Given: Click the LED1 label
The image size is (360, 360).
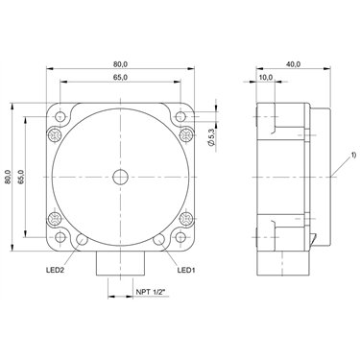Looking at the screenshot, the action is (x=186, y=271).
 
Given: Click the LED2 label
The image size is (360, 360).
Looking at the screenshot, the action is (x=56, y=271).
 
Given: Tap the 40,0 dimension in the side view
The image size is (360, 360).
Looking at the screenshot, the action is (x=293, y=64).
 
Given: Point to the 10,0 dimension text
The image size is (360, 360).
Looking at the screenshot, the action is (x=266, y=77).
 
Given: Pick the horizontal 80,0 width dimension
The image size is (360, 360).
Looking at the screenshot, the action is (x=120, y=64).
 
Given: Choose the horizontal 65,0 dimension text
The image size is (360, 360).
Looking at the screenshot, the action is (x=120, y=77).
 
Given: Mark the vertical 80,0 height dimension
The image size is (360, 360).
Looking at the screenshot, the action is (x=8, y=177).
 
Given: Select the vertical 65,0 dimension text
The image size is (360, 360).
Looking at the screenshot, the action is (x=21, y=177).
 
